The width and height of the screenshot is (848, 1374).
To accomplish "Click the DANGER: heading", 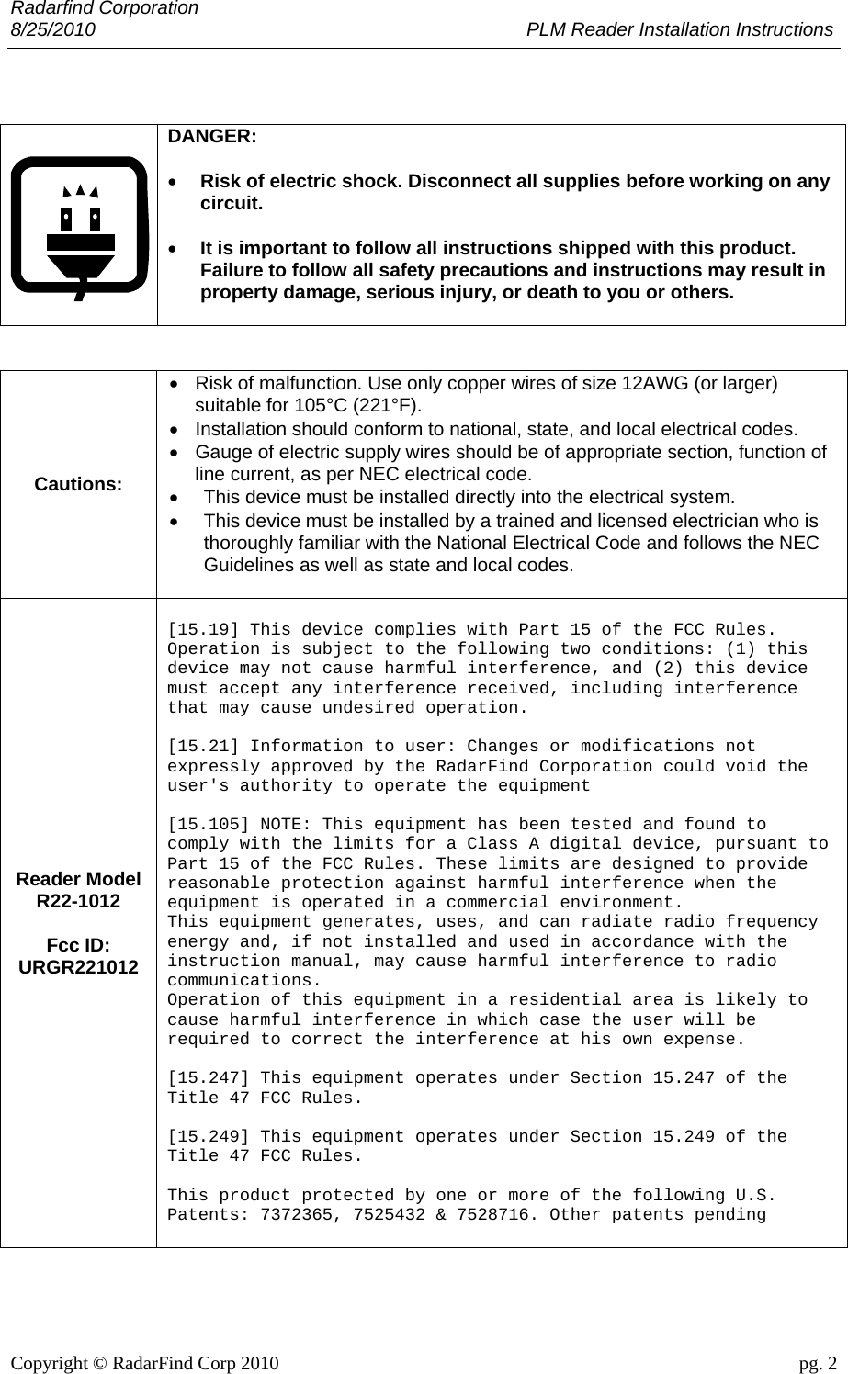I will pos(212,136).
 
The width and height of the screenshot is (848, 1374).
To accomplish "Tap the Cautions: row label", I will pos(78,484).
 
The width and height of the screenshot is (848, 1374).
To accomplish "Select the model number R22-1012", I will pos(78,901).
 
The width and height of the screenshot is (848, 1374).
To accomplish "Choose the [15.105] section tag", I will pos(209,825).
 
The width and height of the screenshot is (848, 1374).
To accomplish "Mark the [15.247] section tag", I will pos(209,1078).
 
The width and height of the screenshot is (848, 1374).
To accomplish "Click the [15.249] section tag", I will pos(209,1137).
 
